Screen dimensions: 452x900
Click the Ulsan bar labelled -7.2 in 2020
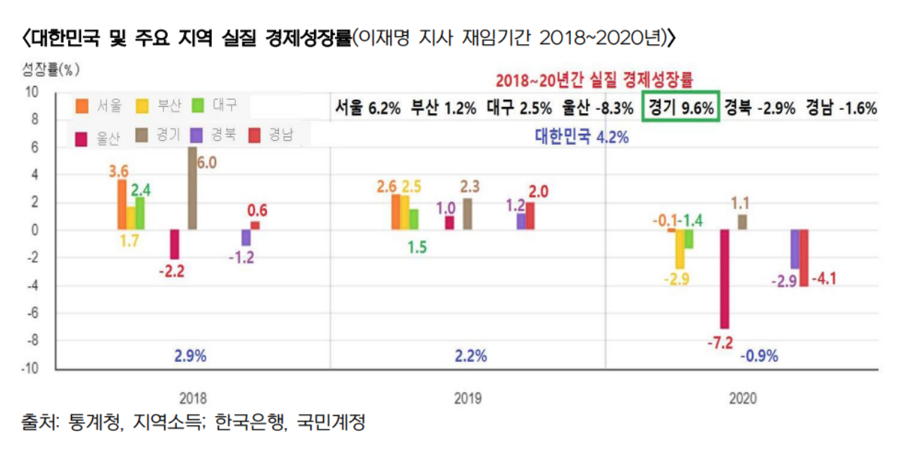tap(724, 279)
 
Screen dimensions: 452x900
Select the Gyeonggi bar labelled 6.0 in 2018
tap(192, 188)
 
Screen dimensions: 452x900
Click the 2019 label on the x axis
tap(468, 398)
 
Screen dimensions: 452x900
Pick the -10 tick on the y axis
tap(32, 368)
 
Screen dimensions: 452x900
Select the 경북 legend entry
tap(215, 135)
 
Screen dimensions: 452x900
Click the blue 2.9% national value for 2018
tap(191, 356)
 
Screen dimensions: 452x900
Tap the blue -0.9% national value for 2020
tap(759, 356)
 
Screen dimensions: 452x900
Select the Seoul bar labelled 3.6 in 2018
tap(121, 204)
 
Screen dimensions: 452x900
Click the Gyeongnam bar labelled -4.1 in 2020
tap(804, 257)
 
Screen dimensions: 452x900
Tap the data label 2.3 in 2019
tap(470, 187)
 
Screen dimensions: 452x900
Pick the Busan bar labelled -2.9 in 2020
tap(680, 249)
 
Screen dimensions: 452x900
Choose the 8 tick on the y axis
tap(34, 120)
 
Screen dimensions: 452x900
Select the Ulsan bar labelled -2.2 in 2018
tap(174, 244)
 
